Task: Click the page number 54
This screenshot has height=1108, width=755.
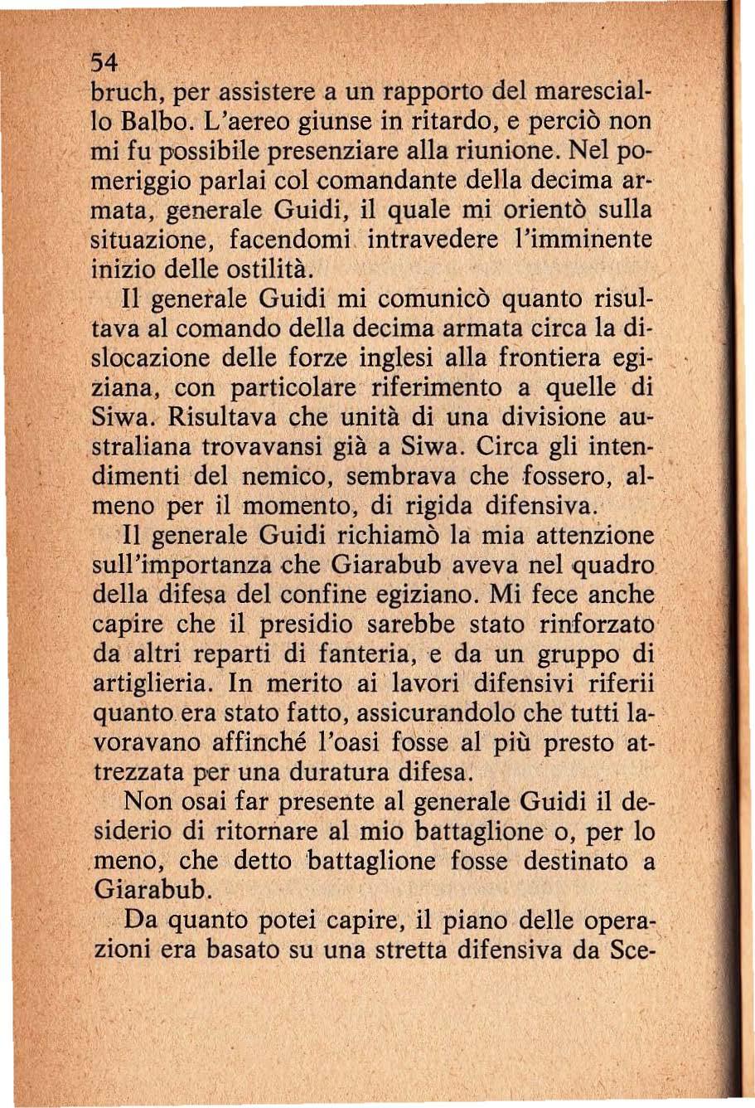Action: (x=104, y=63)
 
